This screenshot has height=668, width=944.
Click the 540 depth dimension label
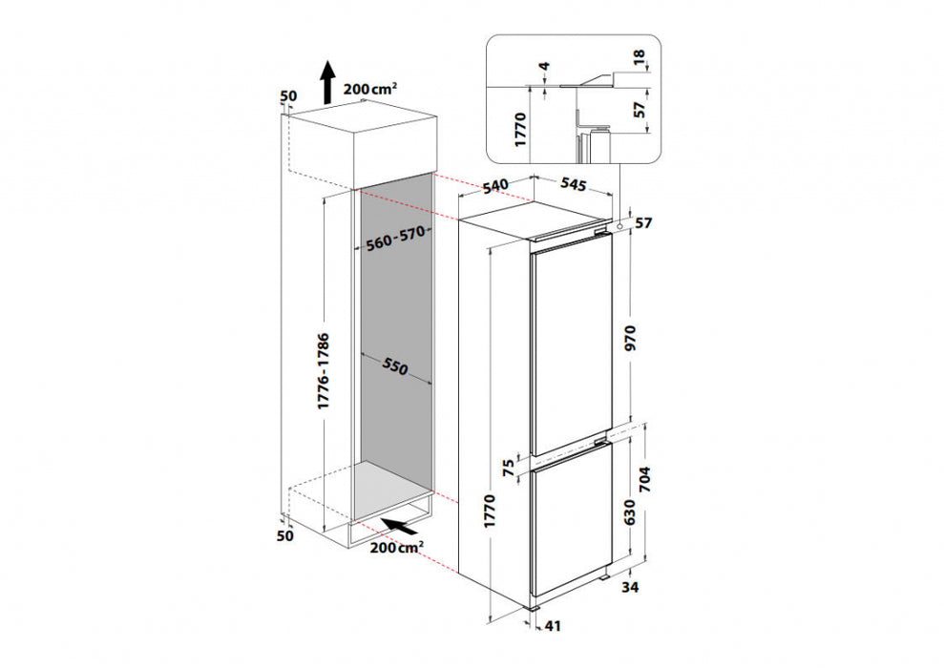493,186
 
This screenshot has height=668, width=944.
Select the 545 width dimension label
573,183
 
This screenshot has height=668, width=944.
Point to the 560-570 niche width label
394,241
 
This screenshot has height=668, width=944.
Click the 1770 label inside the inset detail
522,127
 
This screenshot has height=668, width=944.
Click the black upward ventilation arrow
326,81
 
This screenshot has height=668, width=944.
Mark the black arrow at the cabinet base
400,525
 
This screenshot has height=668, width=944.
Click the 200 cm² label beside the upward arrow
370,89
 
